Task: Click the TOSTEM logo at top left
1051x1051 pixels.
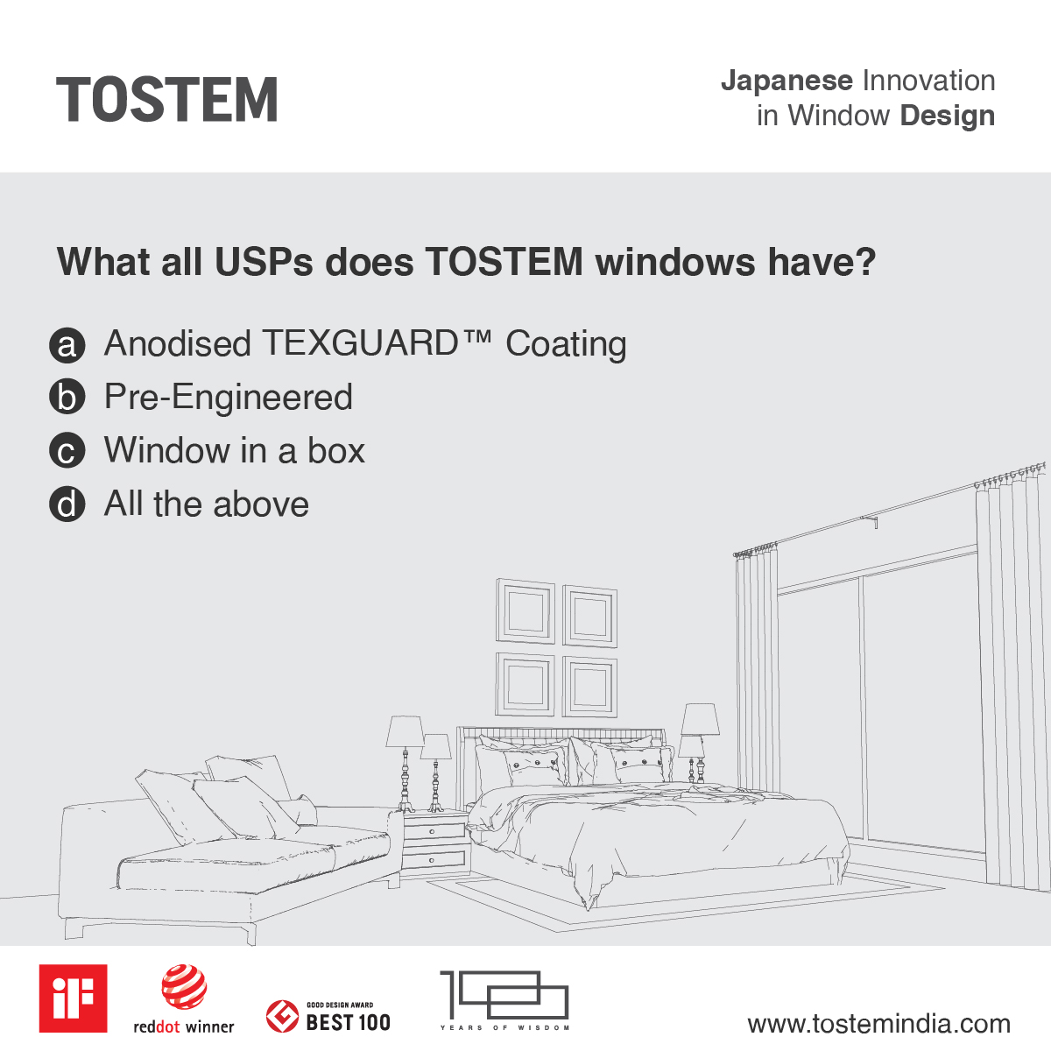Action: [x=167, y=100]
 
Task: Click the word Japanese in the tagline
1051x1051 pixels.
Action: [x=786, y=81]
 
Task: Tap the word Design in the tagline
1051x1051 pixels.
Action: [x=947, y=116]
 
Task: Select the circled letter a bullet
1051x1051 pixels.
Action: [x=67, y=345]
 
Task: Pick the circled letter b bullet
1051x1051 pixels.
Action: [x=67, y=398]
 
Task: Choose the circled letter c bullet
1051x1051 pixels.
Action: [x=67, y=452]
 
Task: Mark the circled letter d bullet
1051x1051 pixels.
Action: [x=67, y=505]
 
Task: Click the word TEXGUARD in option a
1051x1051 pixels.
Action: [x=359, y=343]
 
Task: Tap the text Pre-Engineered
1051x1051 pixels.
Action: [x=228, y=398]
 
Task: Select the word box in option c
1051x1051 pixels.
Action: [x=336, y=451]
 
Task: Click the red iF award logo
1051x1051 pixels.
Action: [x=74, y=998]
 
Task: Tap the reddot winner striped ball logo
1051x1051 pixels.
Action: [x=184, y=987]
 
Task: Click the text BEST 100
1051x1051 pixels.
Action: [x=348, y=1022]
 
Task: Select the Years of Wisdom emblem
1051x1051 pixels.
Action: [x=504, y=998]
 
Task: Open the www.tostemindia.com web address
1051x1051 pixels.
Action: [x=878, y=1024]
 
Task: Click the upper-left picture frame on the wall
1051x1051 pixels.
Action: [x=525, y=610]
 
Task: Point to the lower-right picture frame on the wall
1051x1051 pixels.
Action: [x=589, y=686]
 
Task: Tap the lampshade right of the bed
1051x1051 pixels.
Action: [x=701, y=719]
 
